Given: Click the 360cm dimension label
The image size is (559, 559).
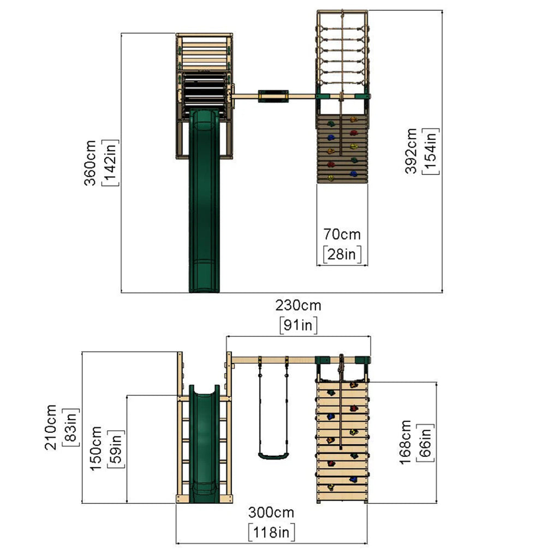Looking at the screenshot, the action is [x=90, y=163].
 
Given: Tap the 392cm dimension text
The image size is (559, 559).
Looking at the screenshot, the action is [x=411, y=151].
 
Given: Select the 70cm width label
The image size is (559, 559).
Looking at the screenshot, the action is [x=342, y=235].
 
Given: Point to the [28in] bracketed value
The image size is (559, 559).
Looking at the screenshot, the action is [x=342, y=254].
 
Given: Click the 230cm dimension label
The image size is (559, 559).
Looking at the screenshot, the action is [x=298, y=306].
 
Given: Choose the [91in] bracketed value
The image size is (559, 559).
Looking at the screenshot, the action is [x=298, y=325].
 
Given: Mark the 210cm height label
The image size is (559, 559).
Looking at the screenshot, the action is [x=51, y=427].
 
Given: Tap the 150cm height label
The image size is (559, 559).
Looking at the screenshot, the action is [x=96, y=449].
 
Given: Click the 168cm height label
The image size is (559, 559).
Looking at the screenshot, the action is [x=406, y=442].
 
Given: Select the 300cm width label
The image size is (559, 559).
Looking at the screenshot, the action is [x=271, y=513].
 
